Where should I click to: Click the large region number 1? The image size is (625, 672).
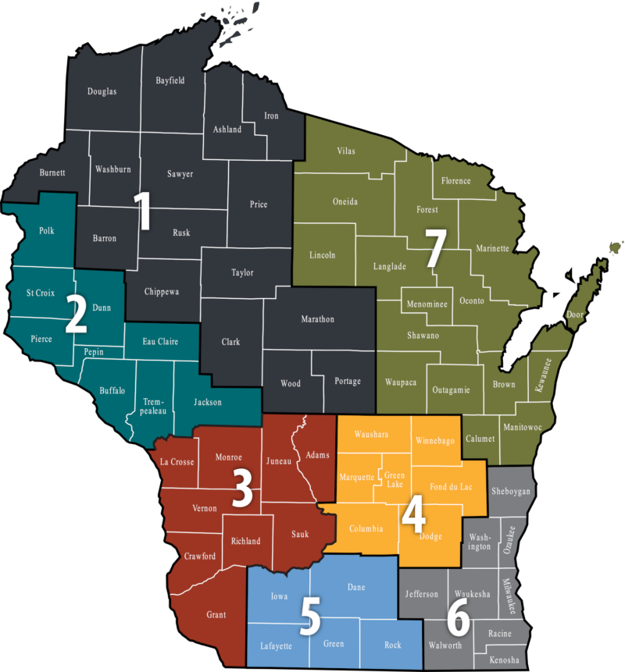[x=143, y=211]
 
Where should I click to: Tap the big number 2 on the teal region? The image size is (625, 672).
[x=76, y=313]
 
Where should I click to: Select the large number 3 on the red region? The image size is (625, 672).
[x=243, y=488]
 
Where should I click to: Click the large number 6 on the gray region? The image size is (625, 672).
[x=458, y=620]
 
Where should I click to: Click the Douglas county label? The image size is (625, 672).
[x=102, y=91]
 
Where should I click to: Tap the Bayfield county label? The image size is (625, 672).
[x=170, y=80]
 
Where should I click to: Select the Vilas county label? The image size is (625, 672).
[x=346, y=151]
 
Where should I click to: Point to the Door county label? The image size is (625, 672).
[x=574, y=315]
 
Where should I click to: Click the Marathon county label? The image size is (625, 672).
[x=317, y=319]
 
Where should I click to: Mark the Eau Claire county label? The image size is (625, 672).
[x=160, y=341]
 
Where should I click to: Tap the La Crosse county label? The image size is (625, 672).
[x=177, y=462]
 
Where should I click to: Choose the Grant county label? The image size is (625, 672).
[x=216, y=615]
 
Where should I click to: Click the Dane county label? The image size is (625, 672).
[x=355, y=586]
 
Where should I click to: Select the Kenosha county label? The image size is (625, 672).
[x=504, y=660]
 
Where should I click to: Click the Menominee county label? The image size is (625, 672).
[x=427, y=304]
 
